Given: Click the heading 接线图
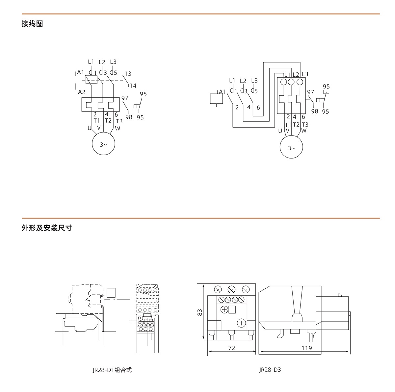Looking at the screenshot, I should click(32, 24).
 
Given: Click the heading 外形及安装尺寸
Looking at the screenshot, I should click(47, 228).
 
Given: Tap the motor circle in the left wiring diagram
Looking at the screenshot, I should click(103, 144).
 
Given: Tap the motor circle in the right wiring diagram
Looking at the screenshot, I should click(291, 148).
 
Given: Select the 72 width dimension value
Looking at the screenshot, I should click(232, 348).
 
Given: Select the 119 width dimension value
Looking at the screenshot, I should click(306, 348).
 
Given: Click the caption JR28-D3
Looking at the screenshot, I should click(270, 370).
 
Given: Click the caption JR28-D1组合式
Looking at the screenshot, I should click(112, 370).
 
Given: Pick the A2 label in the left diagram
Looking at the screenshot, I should click(82, 92).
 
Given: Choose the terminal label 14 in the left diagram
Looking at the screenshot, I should click(133, 86).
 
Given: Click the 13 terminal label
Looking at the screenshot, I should click(128, 74).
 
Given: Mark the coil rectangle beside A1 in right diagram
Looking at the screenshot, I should click(216, 99).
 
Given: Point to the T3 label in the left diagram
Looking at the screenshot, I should click(119, 121).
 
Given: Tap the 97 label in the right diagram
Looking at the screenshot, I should click(310, 92).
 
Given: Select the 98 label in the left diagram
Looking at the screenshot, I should click(129, 117).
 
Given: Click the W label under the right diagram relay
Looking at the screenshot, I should click(303, 131).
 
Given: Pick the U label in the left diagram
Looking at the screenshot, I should click(89, 128).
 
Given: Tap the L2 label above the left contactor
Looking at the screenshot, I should click(102, 62).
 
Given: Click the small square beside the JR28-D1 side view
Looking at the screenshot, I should click(111, 292).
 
